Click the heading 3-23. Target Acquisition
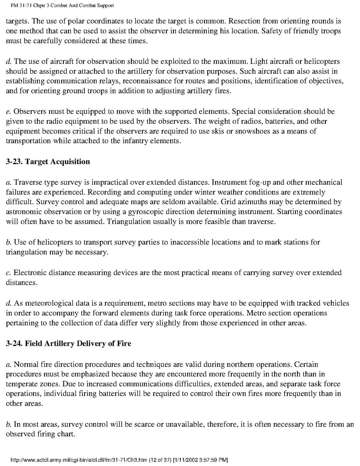[48, 161]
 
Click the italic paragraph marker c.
[8, 273]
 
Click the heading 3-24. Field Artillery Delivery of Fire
[68, 343]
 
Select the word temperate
[22, 384]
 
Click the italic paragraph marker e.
[8, 111]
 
